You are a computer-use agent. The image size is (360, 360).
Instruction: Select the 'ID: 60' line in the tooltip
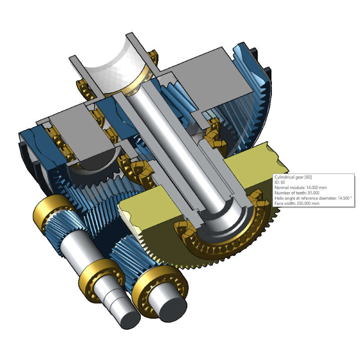point(279,182)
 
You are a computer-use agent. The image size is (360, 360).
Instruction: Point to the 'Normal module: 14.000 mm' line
point(301,188)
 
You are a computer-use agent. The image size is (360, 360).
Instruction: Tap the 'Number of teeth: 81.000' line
point(297,193)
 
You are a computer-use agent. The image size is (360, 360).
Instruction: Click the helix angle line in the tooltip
point(313,198)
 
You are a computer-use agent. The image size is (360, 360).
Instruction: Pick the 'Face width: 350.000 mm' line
point(297,203)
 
